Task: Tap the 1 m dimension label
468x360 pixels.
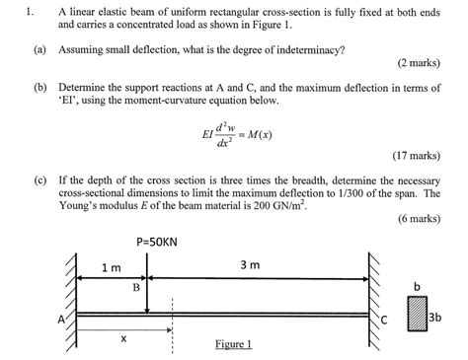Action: coord(111,268)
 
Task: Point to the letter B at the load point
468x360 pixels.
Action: coord(136,287)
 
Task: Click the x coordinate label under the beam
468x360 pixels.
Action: coord(123,338)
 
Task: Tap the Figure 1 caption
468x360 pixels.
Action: coord(233,344)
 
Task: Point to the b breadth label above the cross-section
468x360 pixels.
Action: coord(418,286)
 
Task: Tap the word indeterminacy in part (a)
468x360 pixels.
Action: coord(318,47)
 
